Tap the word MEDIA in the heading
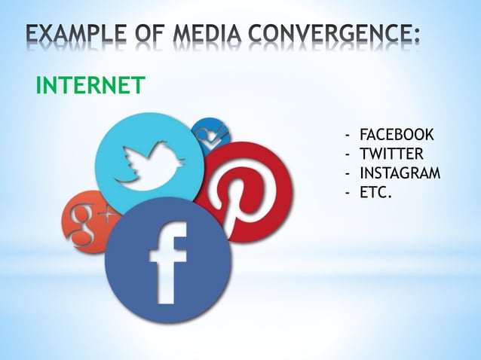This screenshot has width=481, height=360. click(203, 35)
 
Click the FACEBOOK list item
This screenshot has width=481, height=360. click(397, 136)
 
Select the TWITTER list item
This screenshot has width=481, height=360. click(391, 155)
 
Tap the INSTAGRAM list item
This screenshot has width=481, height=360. click(400, 175)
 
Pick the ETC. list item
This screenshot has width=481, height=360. click(375, 194)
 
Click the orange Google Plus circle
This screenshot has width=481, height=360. click(84, 221)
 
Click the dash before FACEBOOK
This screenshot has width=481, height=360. click(348, 136)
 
